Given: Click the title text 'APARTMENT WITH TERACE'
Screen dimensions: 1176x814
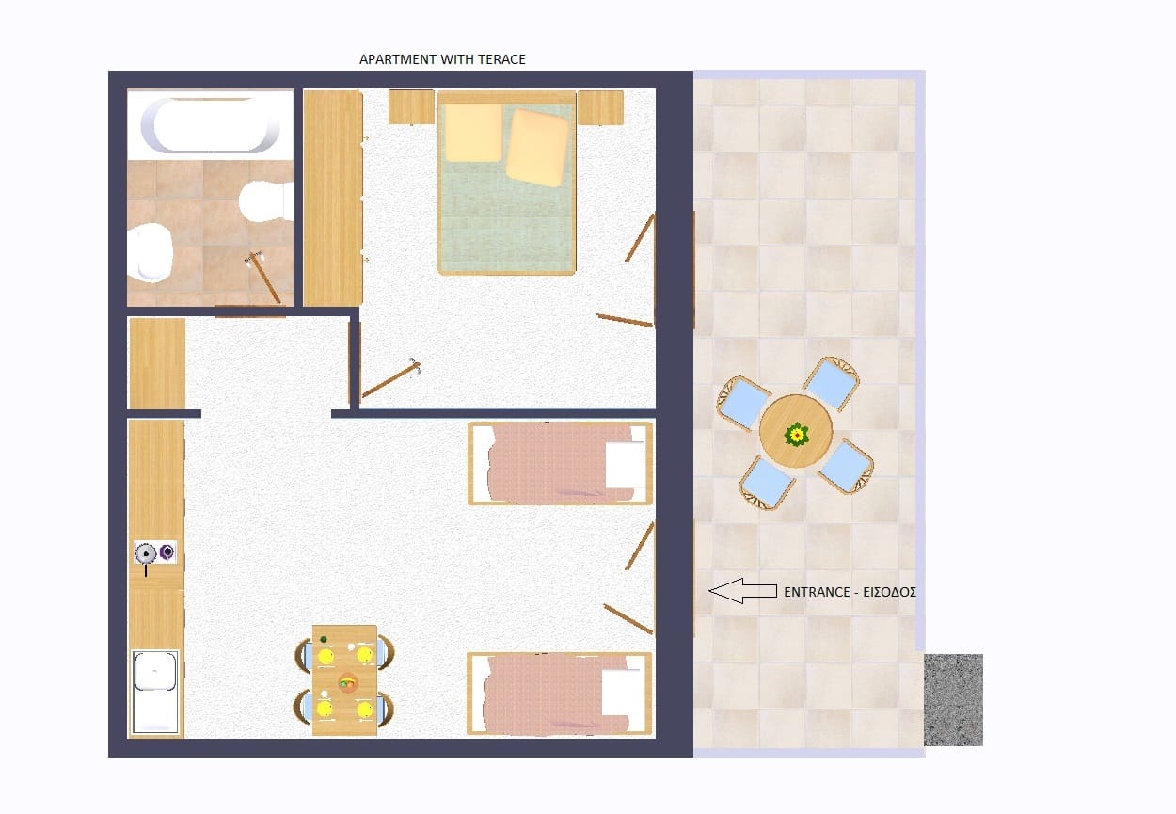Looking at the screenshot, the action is [442, 59].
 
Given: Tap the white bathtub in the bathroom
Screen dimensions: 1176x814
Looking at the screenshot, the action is [210, 125].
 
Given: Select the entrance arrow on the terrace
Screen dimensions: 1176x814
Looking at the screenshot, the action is [743, 591].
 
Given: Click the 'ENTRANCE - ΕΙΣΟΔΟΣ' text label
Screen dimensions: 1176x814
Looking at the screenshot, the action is [850, 592].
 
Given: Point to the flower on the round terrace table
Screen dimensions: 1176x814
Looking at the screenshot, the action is [797, 435].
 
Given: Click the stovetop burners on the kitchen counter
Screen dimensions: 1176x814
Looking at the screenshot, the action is [155, 552].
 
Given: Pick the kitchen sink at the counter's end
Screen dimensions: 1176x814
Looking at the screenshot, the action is [155, 693].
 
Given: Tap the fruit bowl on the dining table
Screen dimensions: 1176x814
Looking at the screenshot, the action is [347, 683].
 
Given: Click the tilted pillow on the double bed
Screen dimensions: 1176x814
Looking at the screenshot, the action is [537, 148].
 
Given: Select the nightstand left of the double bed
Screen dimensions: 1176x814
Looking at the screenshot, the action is [411, 107].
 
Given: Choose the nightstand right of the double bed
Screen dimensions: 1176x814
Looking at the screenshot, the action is [600, 107].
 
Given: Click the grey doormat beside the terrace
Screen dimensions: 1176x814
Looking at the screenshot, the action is [953, 700].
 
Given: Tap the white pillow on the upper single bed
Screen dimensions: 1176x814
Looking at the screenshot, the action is [625, 464].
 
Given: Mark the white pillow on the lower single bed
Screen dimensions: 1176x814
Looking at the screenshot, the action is [622, 693].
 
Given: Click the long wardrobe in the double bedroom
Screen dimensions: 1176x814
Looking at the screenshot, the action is [333, 198].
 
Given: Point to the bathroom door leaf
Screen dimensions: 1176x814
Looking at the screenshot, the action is [265, 279].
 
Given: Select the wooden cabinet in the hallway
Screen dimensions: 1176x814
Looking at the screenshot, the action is [157, 363].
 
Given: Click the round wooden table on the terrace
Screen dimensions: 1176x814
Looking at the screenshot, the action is [796, 431].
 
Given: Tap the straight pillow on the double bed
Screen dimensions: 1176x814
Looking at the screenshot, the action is [473, 133].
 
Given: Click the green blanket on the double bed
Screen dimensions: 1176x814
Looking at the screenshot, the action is [507, 220].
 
